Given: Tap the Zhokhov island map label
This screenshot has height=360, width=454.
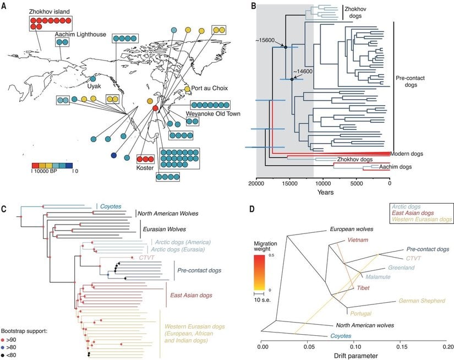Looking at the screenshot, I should [x=39, y=11].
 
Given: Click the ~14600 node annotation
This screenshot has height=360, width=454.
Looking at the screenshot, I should [x=303, y=72].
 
